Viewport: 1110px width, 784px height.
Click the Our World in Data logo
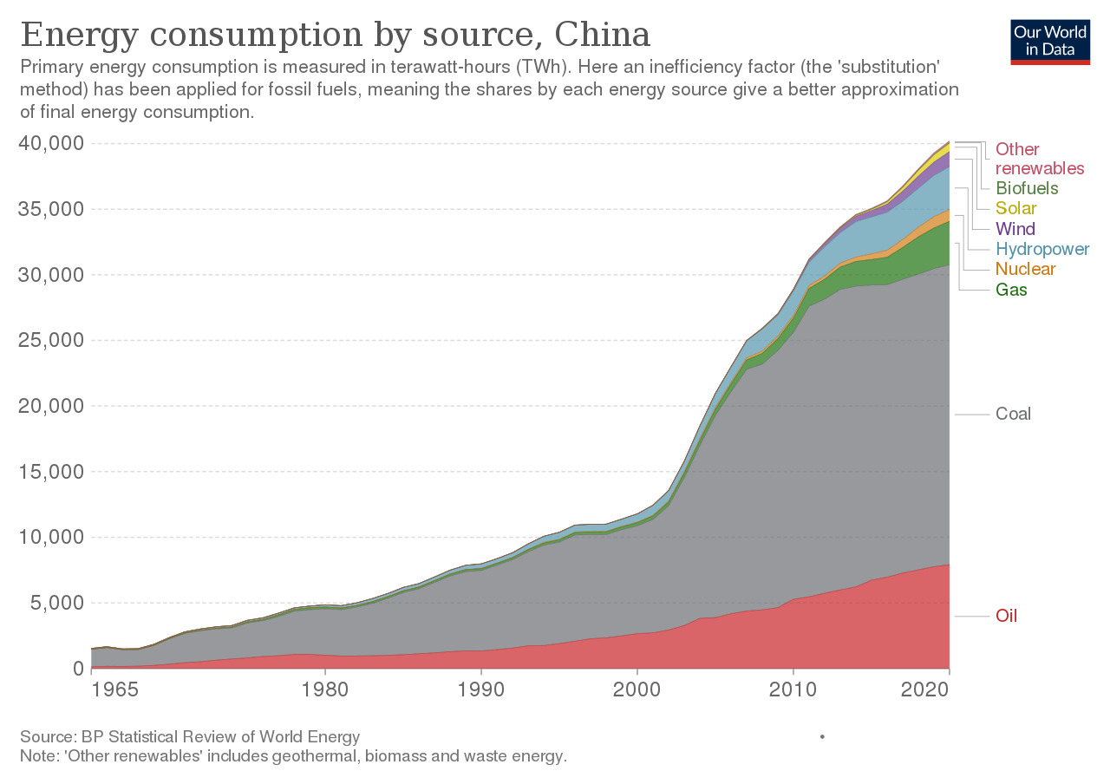(x=1050, y=42)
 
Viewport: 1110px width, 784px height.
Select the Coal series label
(x=1013, y=414)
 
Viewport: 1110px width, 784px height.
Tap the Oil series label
(x=1007, y=616)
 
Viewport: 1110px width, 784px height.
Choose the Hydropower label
(x=1042, y=249)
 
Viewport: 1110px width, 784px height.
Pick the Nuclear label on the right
(x=1025, y=269)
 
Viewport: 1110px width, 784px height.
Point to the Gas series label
(x=1011, y=290)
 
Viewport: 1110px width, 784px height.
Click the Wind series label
(x=1015, y=228)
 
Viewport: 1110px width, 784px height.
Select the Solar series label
(x=1015, y=208)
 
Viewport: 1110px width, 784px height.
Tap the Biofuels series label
(x=1027, y=188)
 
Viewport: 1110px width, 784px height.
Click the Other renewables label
(x=1040, y=159)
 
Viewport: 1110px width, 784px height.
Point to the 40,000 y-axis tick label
(x=51, y=143)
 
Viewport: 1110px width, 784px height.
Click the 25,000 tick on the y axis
(x=51, y=340)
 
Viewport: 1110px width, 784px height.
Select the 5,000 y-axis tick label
(x=57, y=603)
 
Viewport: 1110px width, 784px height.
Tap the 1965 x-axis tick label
(x=115, y=689)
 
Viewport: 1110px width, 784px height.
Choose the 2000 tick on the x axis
(x=637, y=689)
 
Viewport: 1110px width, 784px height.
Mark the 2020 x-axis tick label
(x=924, y=689)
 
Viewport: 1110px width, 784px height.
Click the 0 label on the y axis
(x=78, y=669)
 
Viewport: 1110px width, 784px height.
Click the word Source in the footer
(x=49, y=737)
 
